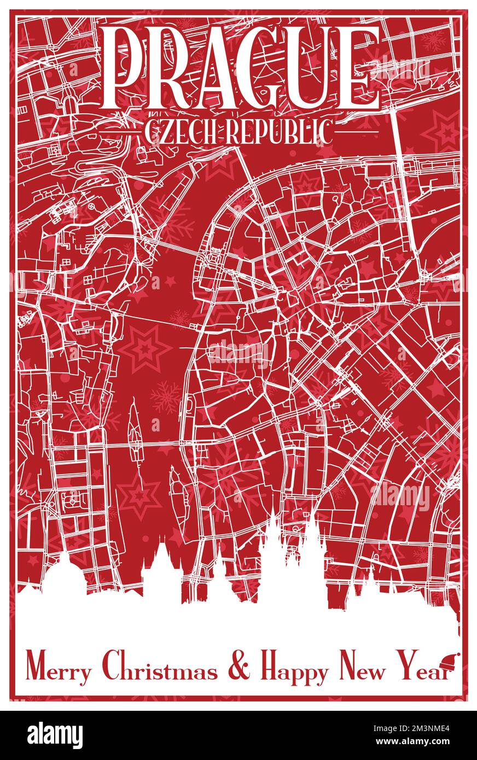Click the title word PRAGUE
[241, 68]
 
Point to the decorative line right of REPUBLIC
[350, 132]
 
